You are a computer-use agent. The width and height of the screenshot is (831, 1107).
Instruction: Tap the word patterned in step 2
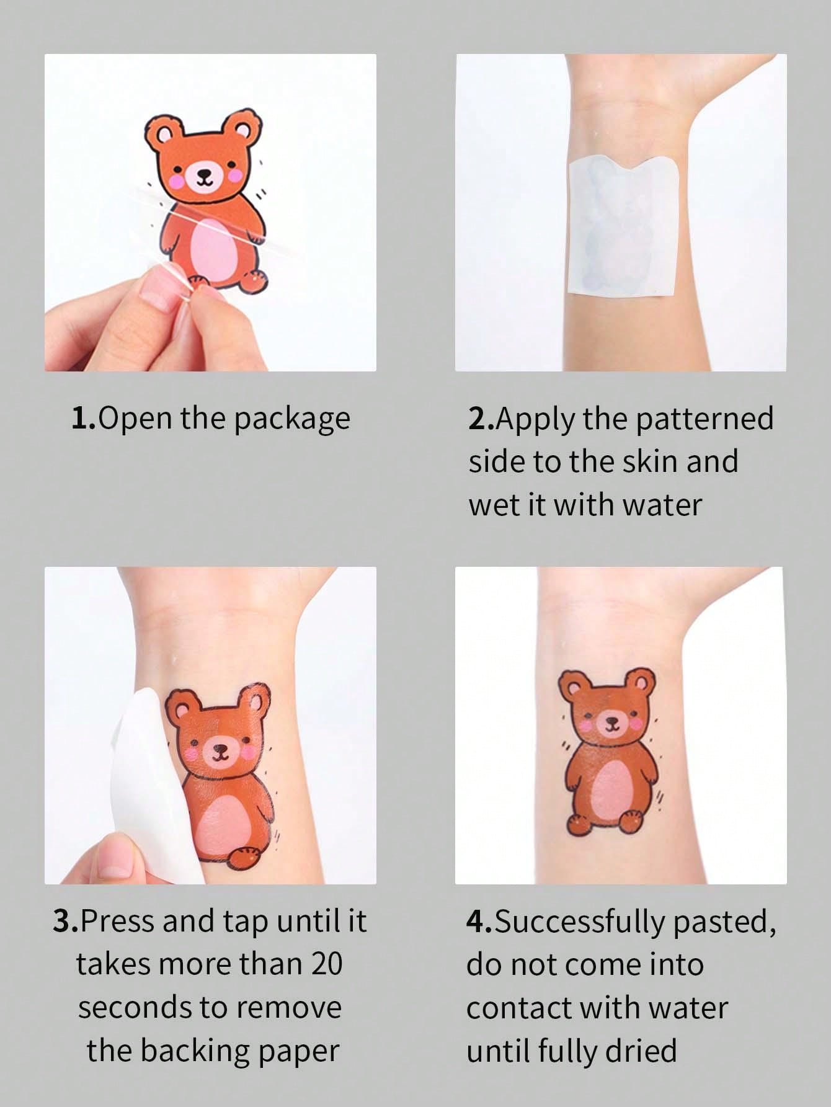click(704, 420)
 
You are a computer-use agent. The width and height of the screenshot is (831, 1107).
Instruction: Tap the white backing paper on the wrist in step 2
click(621, 228)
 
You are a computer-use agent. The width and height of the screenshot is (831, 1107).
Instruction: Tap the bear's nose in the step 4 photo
click(611, 721)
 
